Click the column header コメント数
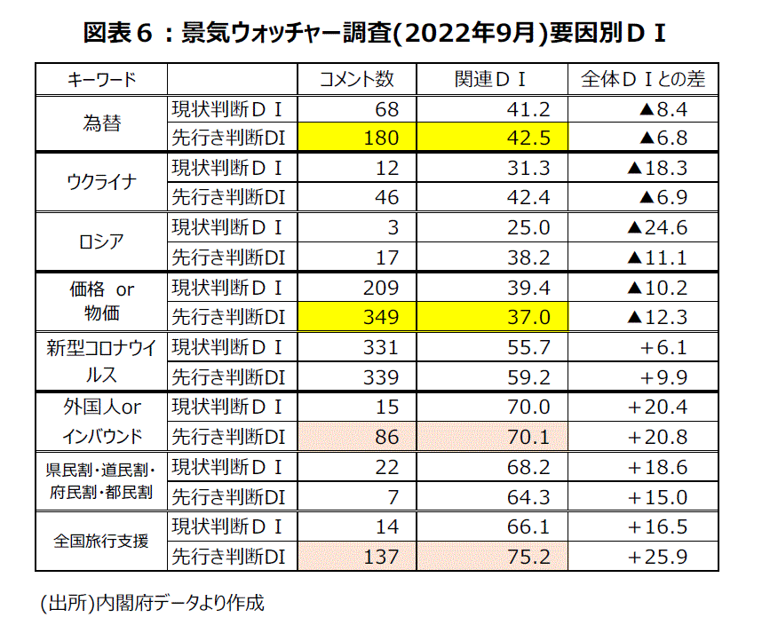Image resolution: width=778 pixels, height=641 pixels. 357,79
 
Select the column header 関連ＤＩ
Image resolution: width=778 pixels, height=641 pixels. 489,79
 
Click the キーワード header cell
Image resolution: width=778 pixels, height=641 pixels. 101,79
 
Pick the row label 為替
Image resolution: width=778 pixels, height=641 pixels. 101,123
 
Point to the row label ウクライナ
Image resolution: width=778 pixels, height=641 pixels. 101,183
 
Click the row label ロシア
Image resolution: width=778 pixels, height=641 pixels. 101,242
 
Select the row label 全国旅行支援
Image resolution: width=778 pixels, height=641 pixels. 101,541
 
